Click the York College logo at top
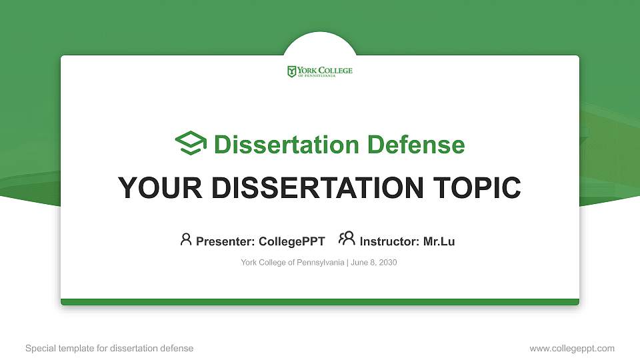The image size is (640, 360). coord(320,71)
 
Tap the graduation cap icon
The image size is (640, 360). coord(191,143)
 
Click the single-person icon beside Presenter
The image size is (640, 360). coord(186,239)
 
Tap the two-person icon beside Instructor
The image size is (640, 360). coord(347,239)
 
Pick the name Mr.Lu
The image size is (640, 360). coord(439,241)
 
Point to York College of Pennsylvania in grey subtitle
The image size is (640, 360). coord(292,263)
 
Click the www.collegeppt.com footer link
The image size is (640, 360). coord(572,348)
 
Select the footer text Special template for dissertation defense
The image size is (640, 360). coord(109,348)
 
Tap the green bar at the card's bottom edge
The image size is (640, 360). coord(320,302)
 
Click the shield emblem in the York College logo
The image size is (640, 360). coord(291,71)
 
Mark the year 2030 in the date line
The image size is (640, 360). coord(387,263)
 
